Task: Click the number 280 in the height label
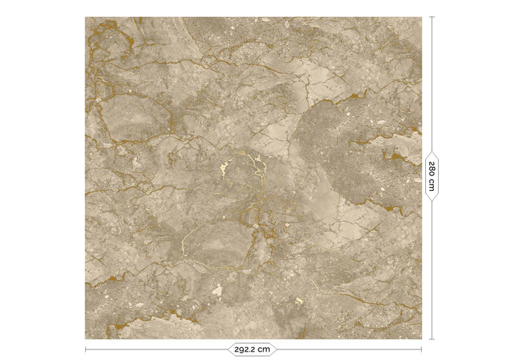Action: [x=432, y=170]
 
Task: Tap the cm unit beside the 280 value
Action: [x=432, y=185]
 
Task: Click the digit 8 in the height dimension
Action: [x=432, y=170]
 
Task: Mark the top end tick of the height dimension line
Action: [x=432, y=17]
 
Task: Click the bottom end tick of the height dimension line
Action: [x=432, y=339]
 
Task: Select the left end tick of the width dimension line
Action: [x=86, y=349]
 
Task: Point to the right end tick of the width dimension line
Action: [x=422, y=349]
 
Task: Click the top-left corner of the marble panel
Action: [x=86, y=18]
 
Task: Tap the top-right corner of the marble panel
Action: [x=421, y=18]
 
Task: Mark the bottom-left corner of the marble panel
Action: [x=86, y=338]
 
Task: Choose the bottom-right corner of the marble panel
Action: [x=421, y=338]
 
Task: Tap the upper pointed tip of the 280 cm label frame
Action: [x=432, y=151]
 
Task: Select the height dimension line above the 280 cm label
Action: [x=432, y=85]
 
